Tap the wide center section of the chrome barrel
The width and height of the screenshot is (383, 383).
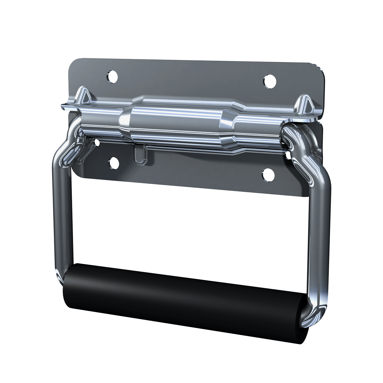[x=177, y=120]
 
